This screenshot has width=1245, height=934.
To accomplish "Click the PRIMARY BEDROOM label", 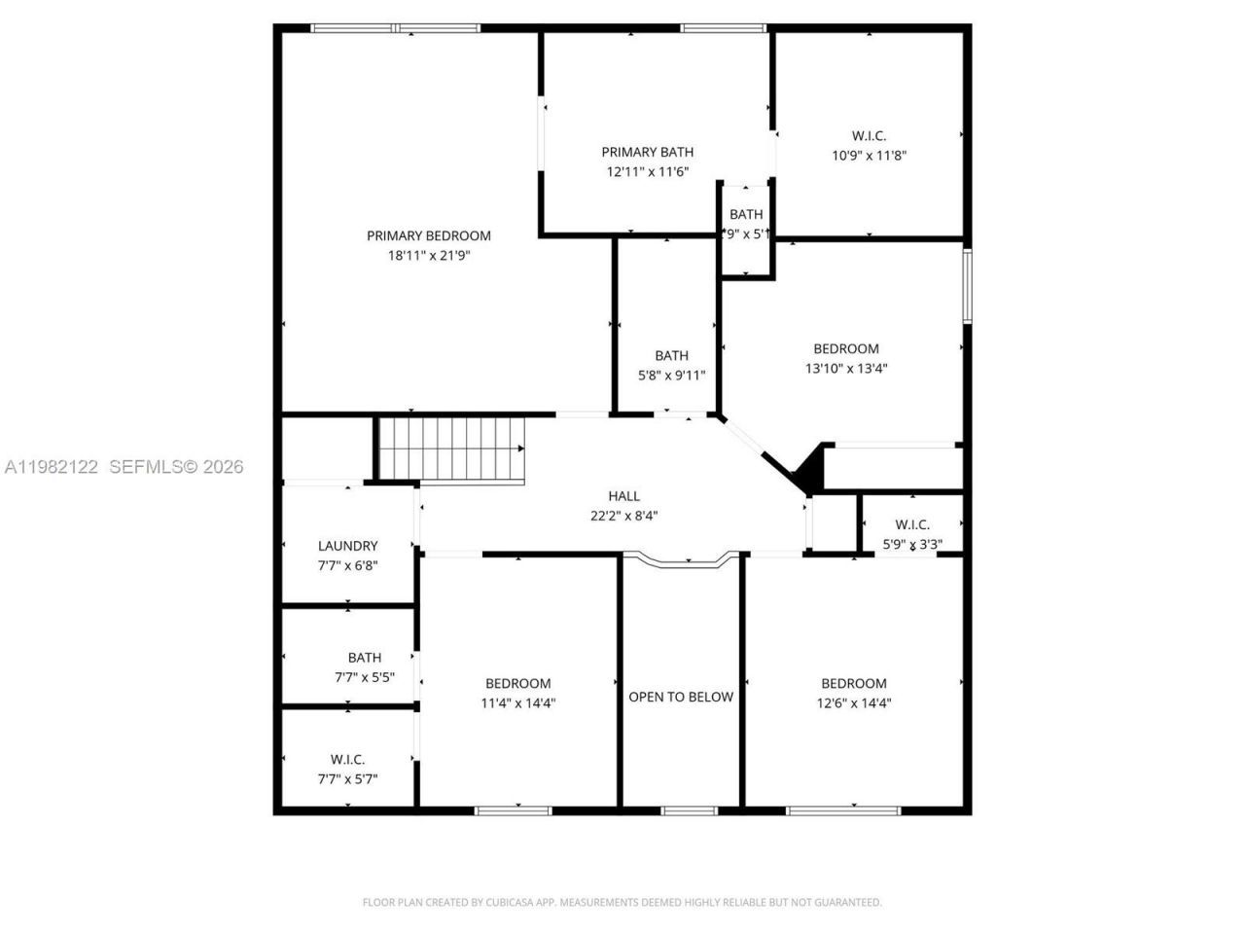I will click(428, 235).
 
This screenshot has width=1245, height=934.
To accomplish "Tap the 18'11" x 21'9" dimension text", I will click(428, 256).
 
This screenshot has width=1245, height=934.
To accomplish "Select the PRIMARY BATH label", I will click(647, 152).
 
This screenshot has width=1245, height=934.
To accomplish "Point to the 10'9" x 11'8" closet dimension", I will click(869, 156).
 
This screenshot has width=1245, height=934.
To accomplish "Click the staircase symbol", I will click(450, 449).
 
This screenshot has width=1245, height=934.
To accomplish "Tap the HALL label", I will click(623, 496).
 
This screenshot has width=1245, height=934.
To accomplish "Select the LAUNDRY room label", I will click(347, 547).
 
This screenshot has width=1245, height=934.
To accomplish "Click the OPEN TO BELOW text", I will click(681, 697).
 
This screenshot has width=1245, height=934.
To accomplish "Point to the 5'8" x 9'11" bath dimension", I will click(671, 376).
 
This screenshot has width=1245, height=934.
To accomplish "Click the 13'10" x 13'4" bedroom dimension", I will click(846, 369).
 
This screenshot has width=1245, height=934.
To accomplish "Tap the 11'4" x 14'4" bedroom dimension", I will click(518, 703).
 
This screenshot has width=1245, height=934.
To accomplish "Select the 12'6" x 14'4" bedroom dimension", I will click(854, 703).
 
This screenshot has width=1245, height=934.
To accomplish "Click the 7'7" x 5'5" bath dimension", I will click(365, 677).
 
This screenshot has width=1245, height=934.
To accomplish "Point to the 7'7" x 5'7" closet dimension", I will click(347, 779).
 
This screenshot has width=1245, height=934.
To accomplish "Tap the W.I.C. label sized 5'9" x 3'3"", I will click(911, 525).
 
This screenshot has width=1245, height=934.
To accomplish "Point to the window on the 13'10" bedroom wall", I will click(967, 286).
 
